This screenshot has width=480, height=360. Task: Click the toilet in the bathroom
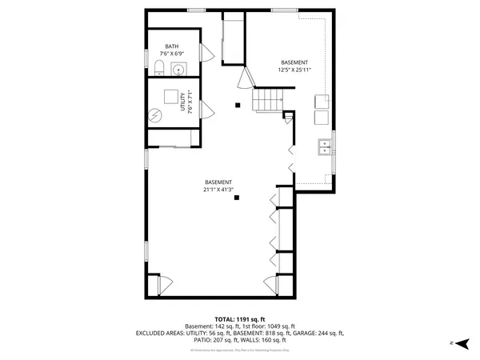(158, 67)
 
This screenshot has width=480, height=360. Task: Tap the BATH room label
(172, 46)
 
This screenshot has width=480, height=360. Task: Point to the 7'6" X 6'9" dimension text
(172, 54)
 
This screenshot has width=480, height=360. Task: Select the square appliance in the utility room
(171, 96)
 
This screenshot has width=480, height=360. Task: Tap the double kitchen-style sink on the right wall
(325, 146)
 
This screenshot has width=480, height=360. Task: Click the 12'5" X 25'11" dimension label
(293, 70)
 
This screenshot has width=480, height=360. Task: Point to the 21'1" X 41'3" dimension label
(218, 190)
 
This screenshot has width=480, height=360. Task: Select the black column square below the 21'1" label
(237, 199)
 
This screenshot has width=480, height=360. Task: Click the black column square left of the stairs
(238, 104)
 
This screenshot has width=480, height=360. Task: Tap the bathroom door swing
(206, 54)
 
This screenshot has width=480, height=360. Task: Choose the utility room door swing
(204, 112)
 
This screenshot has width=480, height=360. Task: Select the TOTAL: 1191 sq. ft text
(240, 319)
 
